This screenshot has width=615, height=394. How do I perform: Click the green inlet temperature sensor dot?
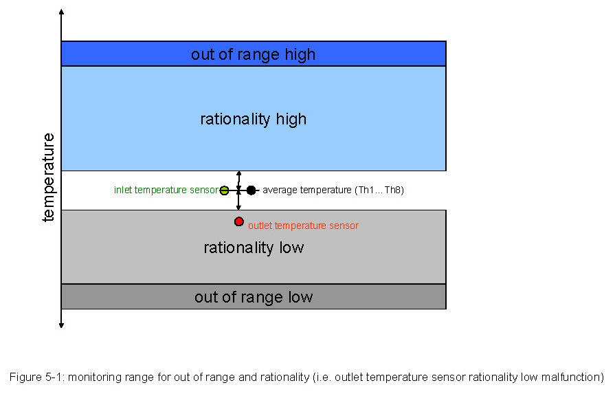click(x=224, y=190)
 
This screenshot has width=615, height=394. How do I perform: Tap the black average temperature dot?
click(x=251, y=190)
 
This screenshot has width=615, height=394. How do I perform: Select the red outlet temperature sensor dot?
click(x=239, y=221)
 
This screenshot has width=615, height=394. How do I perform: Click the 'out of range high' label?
click(x=253, y=54)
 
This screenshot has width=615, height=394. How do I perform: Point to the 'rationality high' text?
click(x=253, y=119)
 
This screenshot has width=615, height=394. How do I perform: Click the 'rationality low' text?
click(x=254, y=248)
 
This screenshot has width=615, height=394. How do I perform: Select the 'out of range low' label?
click(x=254, y=297)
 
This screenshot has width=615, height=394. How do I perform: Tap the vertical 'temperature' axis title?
click(x=49, y=177)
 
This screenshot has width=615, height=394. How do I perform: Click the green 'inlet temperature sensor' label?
click(x=166, y=190)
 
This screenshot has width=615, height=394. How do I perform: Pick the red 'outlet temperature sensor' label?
click(x=303, y=226)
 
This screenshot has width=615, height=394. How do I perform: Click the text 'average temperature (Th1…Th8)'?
click(x=333, y=190)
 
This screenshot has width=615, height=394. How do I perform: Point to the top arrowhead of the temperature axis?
click(x=61, y=12)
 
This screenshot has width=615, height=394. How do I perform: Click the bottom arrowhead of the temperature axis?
click(x=61, y=325)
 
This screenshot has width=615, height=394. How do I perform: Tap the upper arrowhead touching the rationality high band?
click(x=238, y=173)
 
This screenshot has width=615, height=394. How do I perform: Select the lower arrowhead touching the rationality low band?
click(x=238, y=207)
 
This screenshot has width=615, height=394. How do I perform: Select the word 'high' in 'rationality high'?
click(x=291, y=119)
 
